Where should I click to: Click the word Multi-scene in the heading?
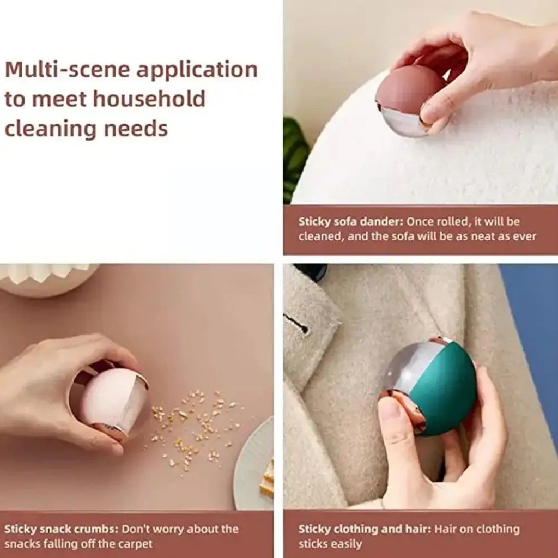pos(67,69)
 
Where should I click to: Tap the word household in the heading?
pos(149,99)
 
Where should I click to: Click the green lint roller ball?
pos(429,386)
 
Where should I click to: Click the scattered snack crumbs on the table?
pos(194,427)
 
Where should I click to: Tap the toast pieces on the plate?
pos(267,478)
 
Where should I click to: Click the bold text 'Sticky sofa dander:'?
pos(350,222)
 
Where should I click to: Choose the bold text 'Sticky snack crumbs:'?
pos(61,529)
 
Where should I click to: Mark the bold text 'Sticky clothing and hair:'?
pos(365,529)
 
